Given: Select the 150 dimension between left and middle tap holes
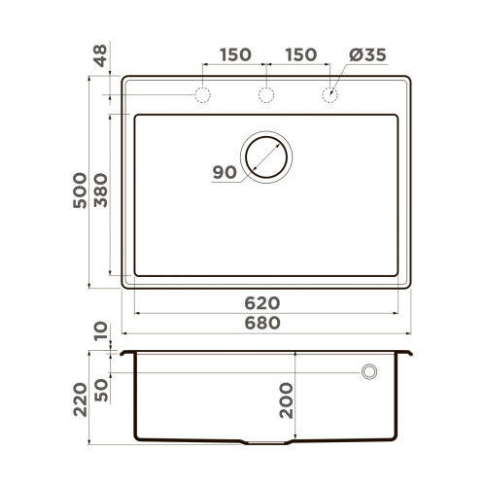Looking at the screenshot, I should pos(234,54).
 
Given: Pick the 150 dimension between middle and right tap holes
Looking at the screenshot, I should pos(298,54).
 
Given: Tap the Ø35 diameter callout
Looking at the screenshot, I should pos(367,54).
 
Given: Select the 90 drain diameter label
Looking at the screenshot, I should pos(224,172).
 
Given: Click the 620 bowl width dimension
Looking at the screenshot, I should pos(266,303).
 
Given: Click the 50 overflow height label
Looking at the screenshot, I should pos(101,389).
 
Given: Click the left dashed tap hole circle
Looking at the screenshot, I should pos(203,95).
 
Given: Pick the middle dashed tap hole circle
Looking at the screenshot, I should pos(265,95).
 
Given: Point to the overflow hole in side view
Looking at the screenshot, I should pos(369,371).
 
